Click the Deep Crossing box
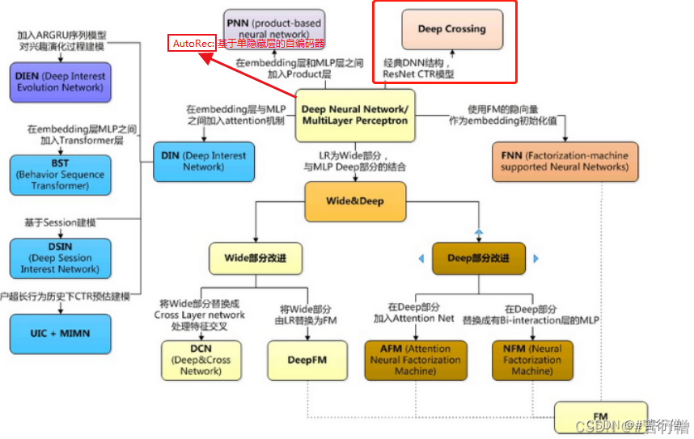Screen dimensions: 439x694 (x=451, y=29)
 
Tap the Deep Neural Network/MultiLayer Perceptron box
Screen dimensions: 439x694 (x=354, y=115)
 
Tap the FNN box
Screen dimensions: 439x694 (x=564, y=161)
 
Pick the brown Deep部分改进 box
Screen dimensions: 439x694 (x=478, y=258)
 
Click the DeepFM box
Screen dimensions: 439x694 (x=307, y=360)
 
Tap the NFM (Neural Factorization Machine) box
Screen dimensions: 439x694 (x=531, y=360)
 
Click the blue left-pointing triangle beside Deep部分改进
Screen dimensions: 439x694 (x=421, y=259)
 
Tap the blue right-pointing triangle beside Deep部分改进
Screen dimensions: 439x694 (x=535, y=259)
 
